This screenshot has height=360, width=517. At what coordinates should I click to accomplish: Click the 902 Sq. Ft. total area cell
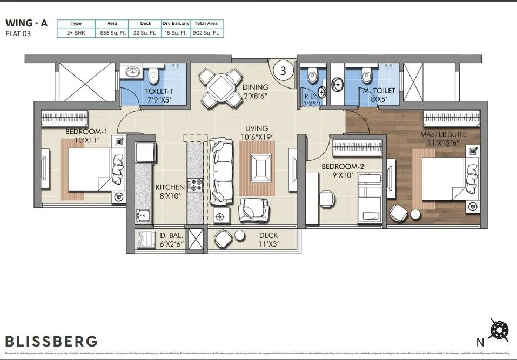(207, 33)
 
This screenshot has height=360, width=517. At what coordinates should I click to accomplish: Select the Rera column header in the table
(112, 24)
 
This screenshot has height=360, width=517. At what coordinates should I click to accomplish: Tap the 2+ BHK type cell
(76, 33)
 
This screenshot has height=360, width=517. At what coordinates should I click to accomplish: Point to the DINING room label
(256, 87)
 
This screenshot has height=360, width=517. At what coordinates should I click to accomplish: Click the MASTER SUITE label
(443, 134)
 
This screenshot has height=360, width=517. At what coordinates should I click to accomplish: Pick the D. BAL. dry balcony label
(171, 236)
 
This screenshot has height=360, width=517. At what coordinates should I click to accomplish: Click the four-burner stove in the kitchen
(194, 186)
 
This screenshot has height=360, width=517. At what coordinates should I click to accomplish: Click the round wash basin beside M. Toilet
(337, 84)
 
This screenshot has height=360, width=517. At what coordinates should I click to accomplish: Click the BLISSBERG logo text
(52, 341)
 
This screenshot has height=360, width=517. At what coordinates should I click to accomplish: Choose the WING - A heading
(30, 23)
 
